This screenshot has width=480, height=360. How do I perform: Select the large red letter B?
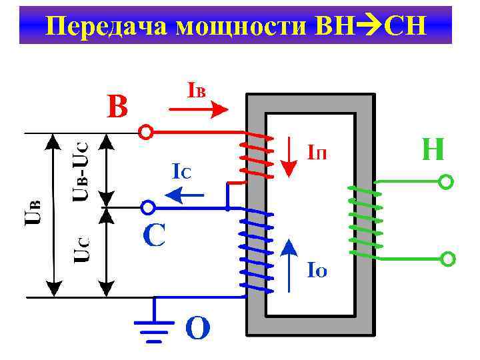[x=118, y=106]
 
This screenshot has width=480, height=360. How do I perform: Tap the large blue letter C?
[x=154, y=235]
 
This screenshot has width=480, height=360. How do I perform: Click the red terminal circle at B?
[x=145, y=132]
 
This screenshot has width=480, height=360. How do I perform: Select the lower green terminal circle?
[x=448, y=259]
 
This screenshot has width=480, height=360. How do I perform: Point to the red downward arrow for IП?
[x=287, y=157]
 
